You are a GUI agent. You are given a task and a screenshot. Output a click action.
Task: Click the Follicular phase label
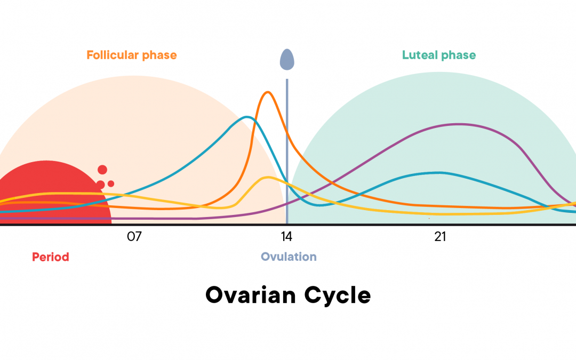[x=131, y=55]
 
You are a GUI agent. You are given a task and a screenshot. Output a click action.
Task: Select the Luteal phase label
[x=438, y=55]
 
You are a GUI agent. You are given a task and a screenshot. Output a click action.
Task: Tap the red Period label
[x=51, y=257]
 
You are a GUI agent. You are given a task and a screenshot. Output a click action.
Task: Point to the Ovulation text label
[x=289, y=257]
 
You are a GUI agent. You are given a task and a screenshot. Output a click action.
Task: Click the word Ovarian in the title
[x=251, y=295]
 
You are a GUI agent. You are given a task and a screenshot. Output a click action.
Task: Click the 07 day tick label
[x=134, y=237]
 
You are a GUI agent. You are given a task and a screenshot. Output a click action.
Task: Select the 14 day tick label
[x=287, y=237]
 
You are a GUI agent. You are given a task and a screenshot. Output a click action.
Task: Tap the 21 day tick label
[x=440, y=237]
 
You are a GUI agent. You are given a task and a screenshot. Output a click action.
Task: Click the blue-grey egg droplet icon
[x=287, y=59]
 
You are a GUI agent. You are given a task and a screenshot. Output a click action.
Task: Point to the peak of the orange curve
[x=268, y=92]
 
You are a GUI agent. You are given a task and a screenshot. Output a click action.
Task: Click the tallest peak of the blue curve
[x=246, y=117]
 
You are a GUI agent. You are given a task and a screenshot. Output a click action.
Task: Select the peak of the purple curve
[x=459, y=124]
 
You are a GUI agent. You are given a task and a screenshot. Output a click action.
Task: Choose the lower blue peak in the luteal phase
[x=438, y=172]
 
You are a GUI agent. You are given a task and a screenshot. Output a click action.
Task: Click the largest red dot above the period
[x=102, y=170]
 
